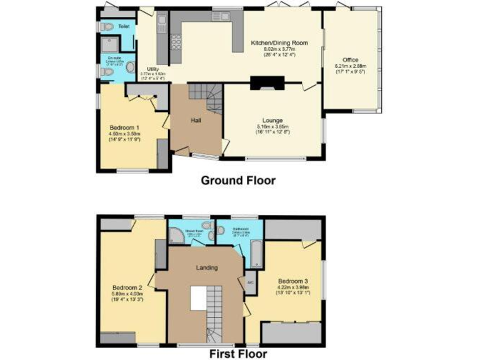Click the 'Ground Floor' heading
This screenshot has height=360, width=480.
click(237, 181)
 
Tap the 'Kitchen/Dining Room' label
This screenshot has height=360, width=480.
click(279, 42)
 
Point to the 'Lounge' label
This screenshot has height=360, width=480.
click(272, 120)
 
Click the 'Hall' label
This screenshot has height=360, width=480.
click(196, 119)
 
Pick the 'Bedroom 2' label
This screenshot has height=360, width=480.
click(127, 287)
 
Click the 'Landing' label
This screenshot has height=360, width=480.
click(207, 268)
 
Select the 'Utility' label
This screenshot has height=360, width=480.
click(152, 69)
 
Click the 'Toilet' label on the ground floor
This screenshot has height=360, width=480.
click(124, 27)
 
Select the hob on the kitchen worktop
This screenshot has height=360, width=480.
click(176, 41)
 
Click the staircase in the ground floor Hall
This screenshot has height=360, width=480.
click(206, 97)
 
